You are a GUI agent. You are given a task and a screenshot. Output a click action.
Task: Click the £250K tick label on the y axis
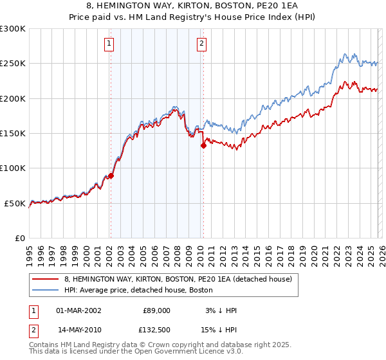coord(13,64)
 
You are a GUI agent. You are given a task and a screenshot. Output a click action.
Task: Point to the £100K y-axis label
coord(13,168)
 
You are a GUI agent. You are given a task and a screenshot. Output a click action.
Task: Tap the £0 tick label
coord(19,238)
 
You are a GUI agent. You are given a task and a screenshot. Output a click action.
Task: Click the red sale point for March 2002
coord(111,175)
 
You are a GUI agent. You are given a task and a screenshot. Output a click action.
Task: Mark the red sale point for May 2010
coord(204,145)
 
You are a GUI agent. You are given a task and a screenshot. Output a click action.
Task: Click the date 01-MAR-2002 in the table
coord(78,310)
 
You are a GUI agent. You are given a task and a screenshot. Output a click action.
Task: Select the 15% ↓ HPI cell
coord(219,329)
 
